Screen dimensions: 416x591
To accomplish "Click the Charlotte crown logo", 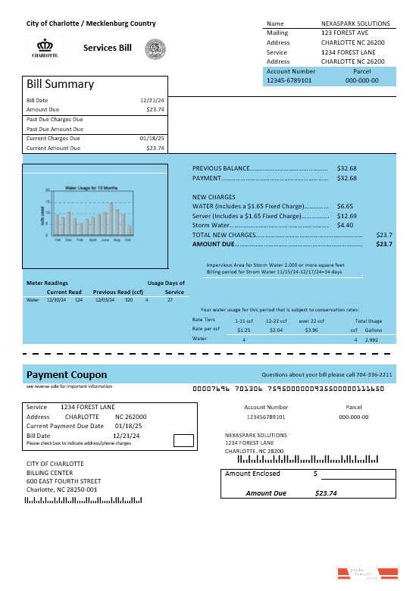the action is [x=45, y=48].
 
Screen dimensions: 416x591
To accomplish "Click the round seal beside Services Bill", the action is [x=155, y=48].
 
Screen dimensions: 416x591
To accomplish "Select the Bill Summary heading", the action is [x=61, y=84].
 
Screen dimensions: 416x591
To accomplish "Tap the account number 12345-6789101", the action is [x=289, y=80].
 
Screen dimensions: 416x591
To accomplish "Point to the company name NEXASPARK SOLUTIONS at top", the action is [x=355, y=23].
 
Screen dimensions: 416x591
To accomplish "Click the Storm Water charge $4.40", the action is [x=345, y=225].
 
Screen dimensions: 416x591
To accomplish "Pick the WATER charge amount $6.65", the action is [x=345, y=206].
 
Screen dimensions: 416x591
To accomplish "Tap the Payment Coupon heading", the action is [x=67, y=375].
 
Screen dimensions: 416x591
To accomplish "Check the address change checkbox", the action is [x=183, y=439].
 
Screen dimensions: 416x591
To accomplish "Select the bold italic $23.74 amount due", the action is [x=325, y=493].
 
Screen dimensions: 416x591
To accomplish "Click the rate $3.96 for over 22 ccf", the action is [x=311, y=330].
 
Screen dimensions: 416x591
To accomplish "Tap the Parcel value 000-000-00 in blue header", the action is [x=361, y=80].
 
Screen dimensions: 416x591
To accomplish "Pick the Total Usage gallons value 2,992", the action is [x=371, y=340].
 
